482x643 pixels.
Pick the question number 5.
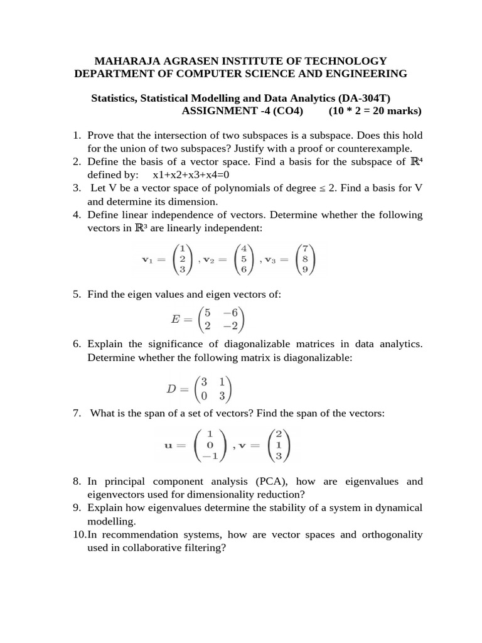click(76, 294)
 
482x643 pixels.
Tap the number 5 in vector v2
click(244, 259)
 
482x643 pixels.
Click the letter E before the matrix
click(176, 318)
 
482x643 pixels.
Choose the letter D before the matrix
click(171, 389)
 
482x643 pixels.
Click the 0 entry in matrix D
click(204, 396)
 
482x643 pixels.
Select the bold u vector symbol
click(168, 445)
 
